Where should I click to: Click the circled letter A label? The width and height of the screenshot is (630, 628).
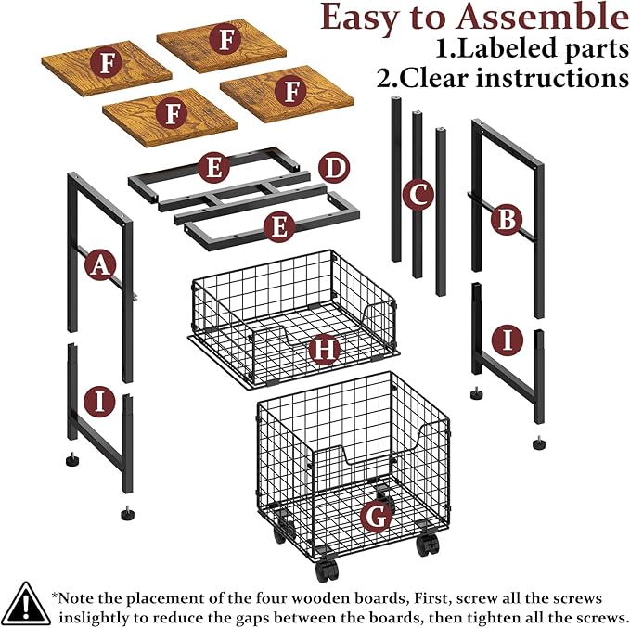(100, 264)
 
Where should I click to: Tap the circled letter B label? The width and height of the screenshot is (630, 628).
(507, 219)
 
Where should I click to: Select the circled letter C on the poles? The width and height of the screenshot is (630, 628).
(418, 195)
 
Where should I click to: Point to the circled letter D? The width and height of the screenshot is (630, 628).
(334, 168)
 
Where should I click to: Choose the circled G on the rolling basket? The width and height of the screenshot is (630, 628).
(377, 517)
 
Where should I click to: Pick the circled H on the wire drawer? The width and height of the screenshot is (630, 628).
(325, 349)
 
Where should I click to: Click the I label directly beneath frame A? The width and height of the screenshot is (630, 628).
(99, 402)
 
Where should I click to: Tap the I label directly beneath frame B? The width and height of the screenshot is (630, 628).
(508, 340)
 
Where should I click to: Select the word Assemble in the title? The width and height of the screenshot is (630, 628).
(543, 18)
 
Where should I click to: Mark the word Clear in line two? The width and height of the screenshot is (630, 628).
(426, 78)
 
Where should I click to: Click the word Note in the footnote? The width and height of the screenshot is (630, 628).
(76, 598)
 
